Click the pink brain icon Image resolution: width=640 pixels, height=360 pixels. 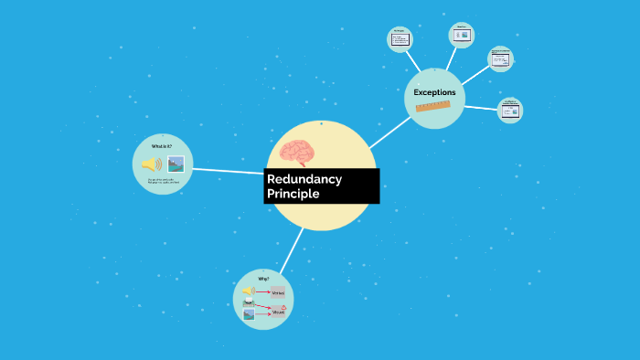(298, 153)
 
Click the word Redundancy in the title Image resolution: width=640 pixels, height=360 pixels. (304, 179)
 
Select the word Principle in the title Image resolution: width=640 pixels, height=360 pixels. (293, 195)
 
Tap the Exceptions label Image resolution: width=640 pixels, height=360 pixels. (434, 92)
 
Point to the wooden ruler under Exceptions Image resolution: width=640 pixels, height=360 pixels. (433, 107)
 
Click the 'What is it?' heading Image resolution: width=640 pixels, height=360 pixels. (162, 146)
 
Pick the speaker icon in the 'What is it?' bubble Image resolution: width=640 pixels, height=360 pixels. (151, 164)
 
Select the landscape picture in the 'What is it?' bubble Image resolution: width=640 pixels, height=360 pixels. (176, 164)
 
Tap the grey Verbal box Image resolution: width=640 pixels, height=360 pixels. (279, 292)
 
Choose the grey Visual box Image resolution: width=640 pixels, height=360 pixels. (277, 312)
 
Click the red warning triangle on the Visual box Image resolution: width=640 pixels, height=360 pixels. (284, 308)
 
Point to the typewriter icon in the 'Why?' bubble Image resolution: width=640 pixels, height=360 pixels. (248, 302)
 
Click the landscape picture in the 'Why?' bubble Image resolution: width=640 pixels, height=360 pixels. (248, 314)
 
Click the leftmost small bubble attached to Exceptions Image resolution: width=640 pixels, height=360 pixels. (400, 38)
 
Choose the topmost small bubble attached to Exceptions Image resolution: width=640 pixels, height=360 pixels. (462, 35)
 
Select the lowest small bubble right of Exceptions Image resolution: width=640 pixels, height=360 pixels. (509, 111)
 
